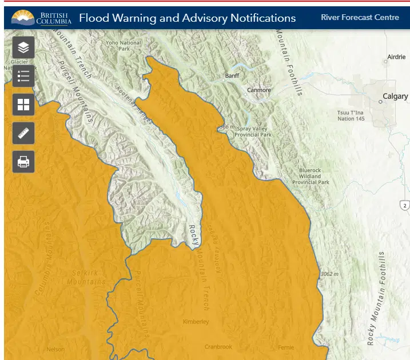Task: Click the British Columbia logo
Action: coord(41,18)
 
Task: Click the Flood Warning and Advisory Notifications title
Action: coord(187,18)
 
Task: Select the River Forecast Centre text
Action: coord(360,17)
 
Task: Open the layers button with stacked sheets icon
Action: coord(23,47)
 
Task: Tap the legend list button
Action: coord(23,76)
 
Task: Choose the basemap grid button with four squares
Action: coord(23,105)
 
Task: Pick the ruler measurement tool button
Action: coord(23,133)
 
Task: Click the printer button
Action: coord(23,162)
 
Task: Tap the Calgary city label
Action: coord(395,97)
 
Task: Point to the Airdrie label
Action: coord(396,57)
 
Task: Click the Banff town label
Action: coord(232,75)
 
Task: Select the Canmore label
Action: coord(259,90)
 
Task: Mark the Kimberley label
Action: coord(196,322)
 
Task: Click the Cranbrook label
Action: coord(218,347)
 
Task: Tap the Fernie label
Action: coord(285,347)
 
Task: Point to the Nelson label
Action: coord(55,349)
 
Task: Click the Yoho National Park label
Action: coord(124,46)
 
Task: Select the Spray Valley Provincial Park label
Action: coord(252,131)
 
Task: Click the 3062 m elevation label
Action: coord(329,274)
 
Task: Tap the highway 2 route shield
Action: coord(405,205)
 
